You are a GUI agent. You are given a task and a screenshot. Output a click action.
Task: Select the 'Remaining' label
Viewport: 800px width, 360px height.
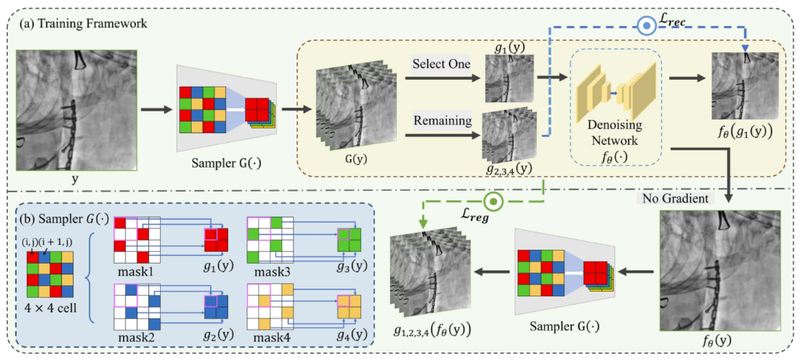[x=443, y=120]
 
